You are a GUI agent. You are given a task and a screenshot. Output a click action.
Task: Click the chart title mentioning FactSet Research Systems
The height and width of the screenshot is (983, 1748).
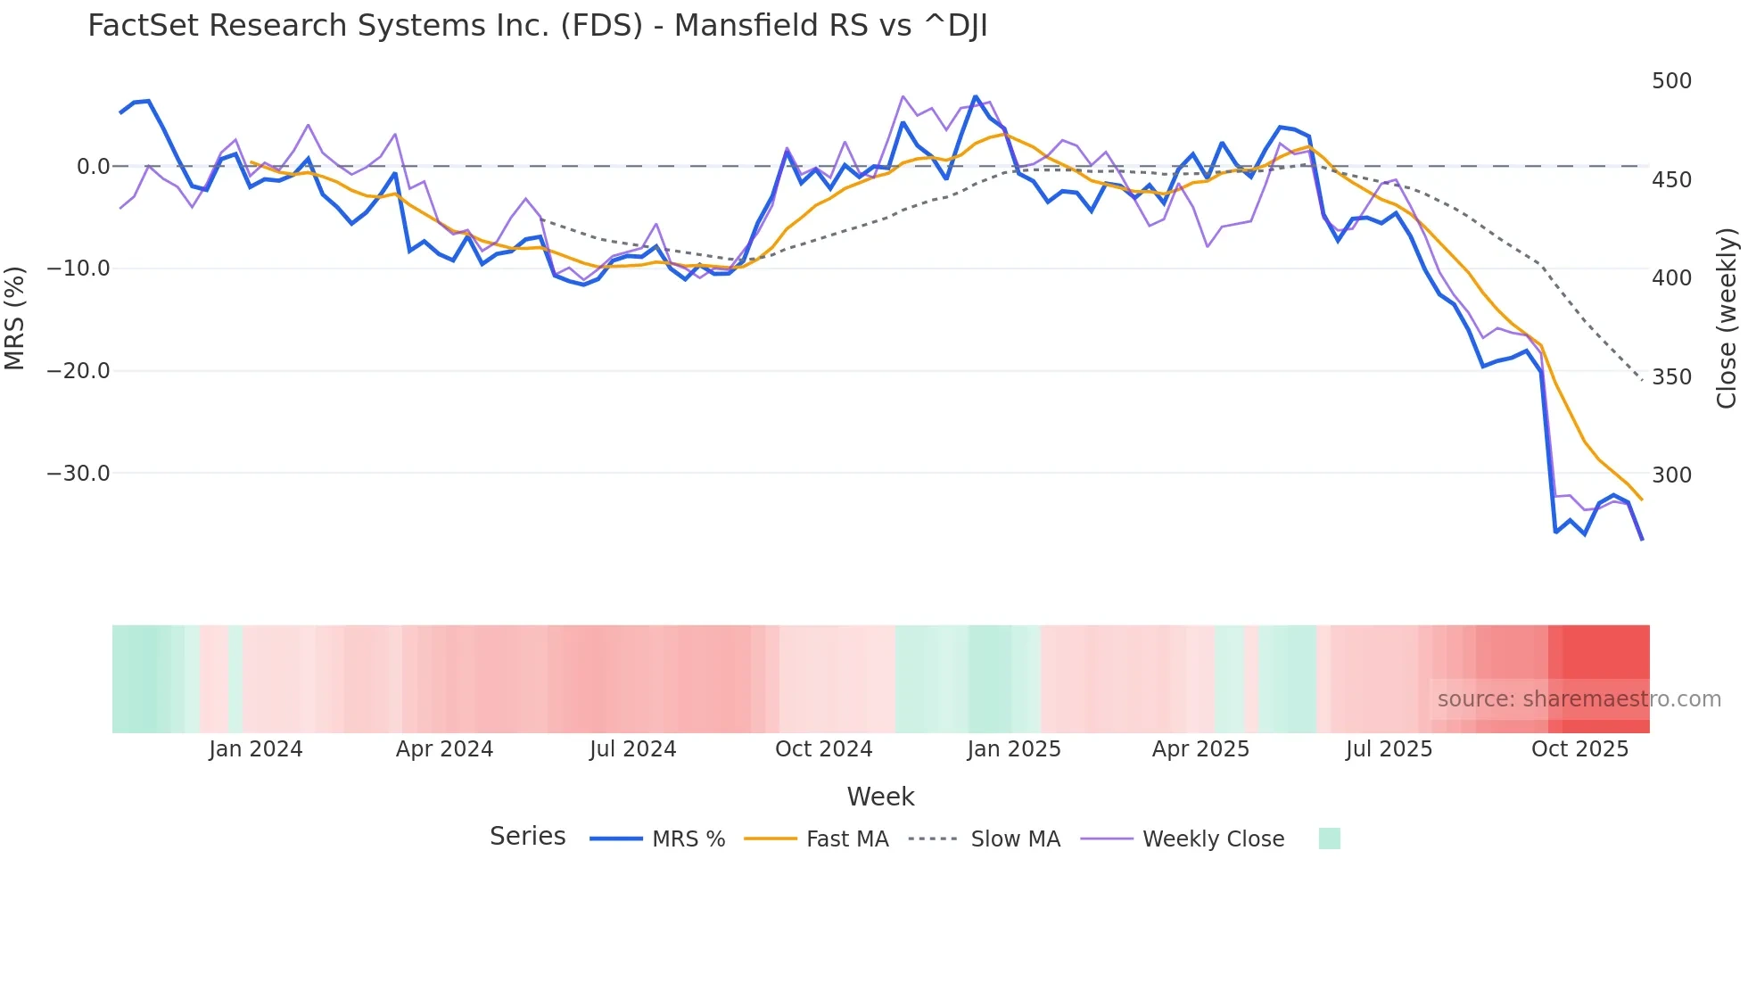click(x=537, y=26)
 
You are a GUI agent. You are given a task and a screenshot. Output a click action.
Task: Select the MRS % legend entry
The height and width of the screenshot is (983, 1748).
click(x=688, y=839)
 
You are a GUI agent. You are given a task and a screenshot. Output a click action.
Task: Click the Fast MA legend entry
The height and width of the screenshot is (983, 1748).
click(x=846, y=839)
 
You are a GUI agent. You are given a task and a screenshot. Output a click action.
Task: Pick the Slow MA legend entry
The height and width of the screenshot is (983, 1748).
click(x=1015, y=839)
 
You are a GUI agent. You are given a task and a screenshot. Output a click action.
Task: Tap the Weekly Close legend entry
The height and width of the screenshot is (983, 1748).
click(x=1213, y=839)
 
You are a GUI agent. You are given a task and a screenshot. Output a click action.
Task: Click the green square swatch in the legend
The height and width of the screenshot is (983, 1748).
click(x=1329, y=838)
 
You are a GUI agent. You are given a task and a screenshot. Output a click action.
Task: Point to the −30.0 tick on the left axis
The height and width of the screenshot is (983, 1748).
click(x=78, y=474)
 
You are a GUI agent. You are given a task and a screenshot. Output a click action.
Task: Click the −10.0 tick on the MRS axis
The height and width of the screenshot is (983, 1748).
click(x=78, y=268)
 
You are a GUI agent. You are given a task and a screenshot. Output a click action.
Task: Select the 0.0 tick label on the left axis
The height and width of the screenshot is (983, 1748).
click(x=93, y=167)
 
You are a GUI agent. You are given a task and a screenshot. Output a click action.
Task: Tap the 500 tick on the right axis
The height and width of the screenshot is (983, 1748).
click(x=1671, y=81)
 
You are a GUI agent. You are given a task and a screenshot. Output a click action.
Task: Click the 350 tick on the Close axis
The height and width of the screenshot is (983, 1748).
click(x=1671, y=377)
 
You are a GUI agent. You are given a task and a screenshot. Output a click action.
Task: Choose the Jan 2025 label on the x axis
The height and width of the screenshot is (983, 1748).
click(x=1014, y=749)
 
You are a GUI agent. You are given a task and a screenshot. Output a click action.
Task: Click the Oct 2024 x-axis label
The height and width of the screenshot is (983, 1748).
click(x=823, y=749)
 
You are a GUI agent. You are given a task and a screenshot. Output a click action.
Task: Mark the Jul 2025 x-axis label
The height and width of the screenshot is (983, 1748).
click(x=1389, y=749)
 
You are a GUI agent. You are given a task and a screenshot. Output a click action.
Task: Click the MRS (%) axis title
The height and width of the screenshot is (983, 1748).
click(x=14, y=318)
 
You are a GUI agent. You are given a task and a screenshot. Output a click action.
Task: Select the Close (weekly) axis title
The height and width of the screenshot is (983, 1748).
click(x=1727, y=318)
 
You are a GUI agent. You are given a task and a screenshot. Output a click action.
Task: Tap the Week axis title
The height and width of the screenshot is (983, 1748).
click(x=880, y=797)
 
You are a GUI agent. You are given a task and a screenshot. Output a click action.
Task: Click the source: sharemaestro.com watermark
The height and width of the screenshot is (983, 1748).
click(x=1579, y=699)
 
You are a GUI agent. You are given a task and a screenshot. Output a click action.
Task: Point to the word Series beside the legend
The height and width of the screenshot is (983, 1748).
click(x=527, y=837)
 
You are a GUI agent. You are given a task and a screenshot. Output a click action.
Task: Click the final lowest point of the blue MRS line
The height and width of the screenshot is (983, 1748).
click(x=1642, y=539)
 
